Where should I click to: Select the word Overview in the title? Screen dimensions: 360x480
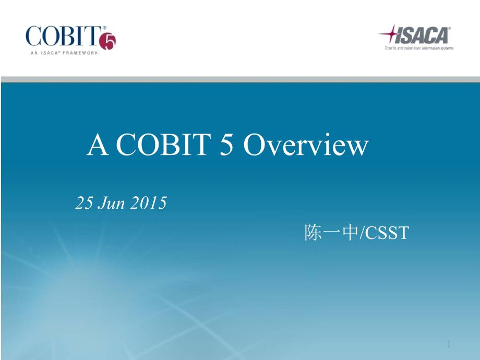pos(306,146)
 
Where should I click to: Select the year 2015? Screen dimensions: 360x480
pos(148,203)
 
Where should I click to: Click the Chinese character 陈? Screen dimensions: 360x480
pos(313,233)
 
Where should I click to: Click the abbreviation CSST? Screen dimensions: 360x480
pos(386,233)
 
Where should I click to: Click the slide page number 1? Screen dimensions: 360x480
pos(449,344)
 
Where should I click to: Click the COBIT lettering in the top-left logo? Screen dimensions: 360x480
pos(62,37)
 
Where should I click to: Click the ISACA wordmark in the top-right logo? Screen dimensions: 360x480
pos(424,36)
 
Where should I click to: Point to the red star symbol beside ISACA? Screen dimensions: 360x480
pos(389,35)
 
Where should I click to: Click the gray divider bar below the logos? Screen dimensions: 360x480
pos(240,79)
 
